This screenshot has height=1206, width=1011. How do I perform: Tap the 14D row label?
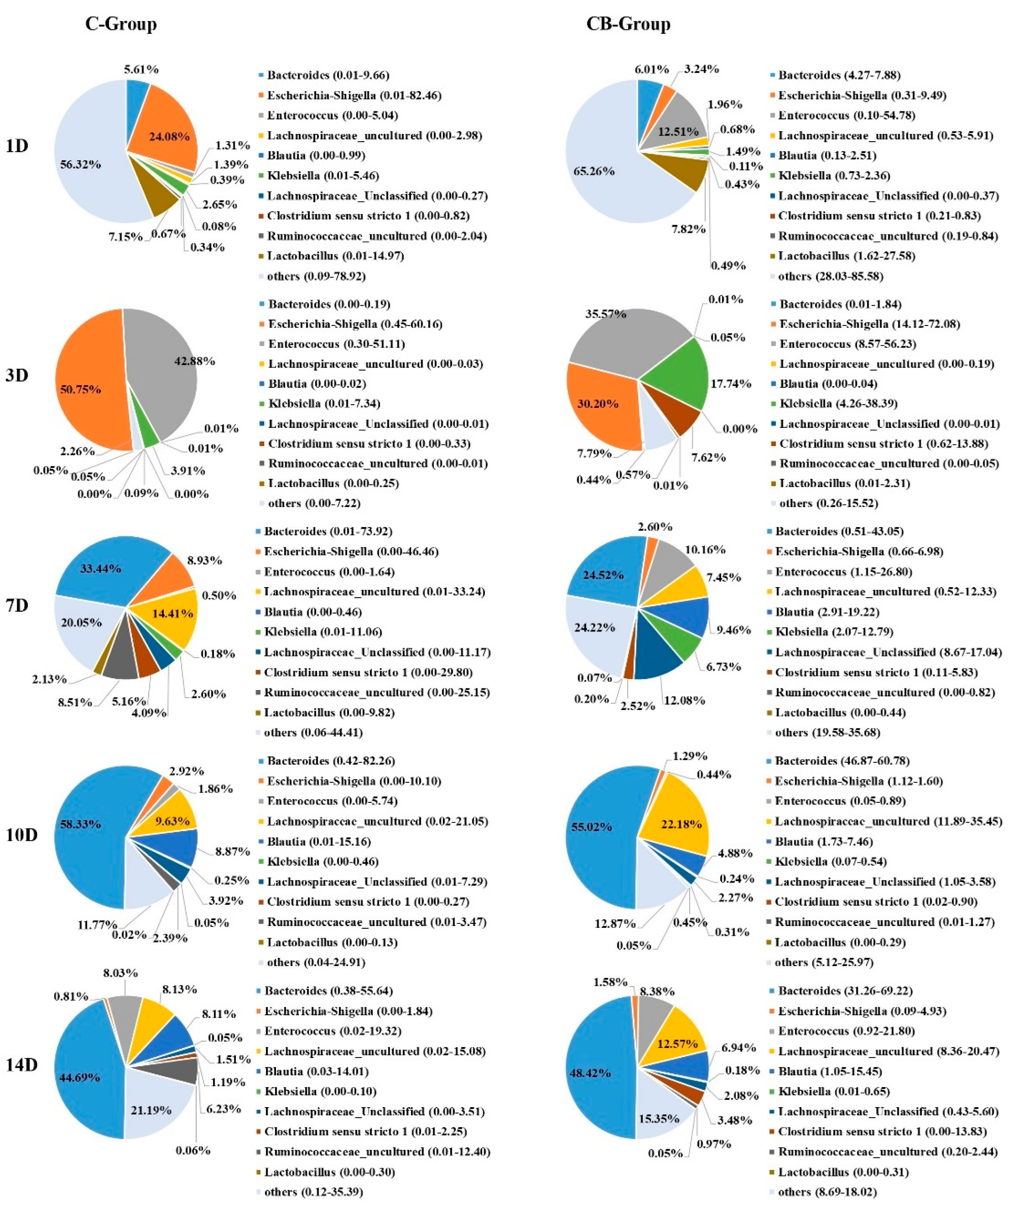point(22,1064)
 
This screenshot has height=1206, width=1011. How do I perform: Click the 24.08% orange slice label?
point(169,137)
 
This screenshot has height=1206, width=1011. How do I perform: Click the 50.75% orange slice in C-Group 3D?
point(80,389)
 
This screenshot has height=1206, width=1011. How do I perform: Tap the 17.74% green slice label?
point(731,384)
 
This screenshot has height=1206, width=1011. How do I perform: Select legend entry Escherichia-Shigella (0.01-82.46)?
point(354,95)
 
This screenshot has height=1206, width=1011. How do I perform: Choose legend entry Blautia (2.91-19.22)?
point(827,612)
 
